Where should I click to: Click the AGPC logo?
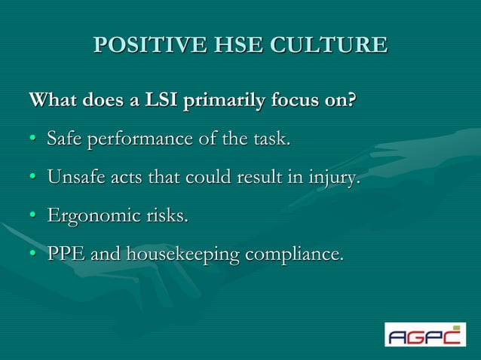pyautogui.click(x=425, y=334)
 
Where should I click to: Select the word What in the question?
pyautogui.click(x=51, y=100)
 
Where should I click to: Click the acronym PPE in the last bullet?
pyautogui.click(x=66, y=255)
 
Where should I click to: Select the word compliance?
pyautogui.click(x=294, y=256)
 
